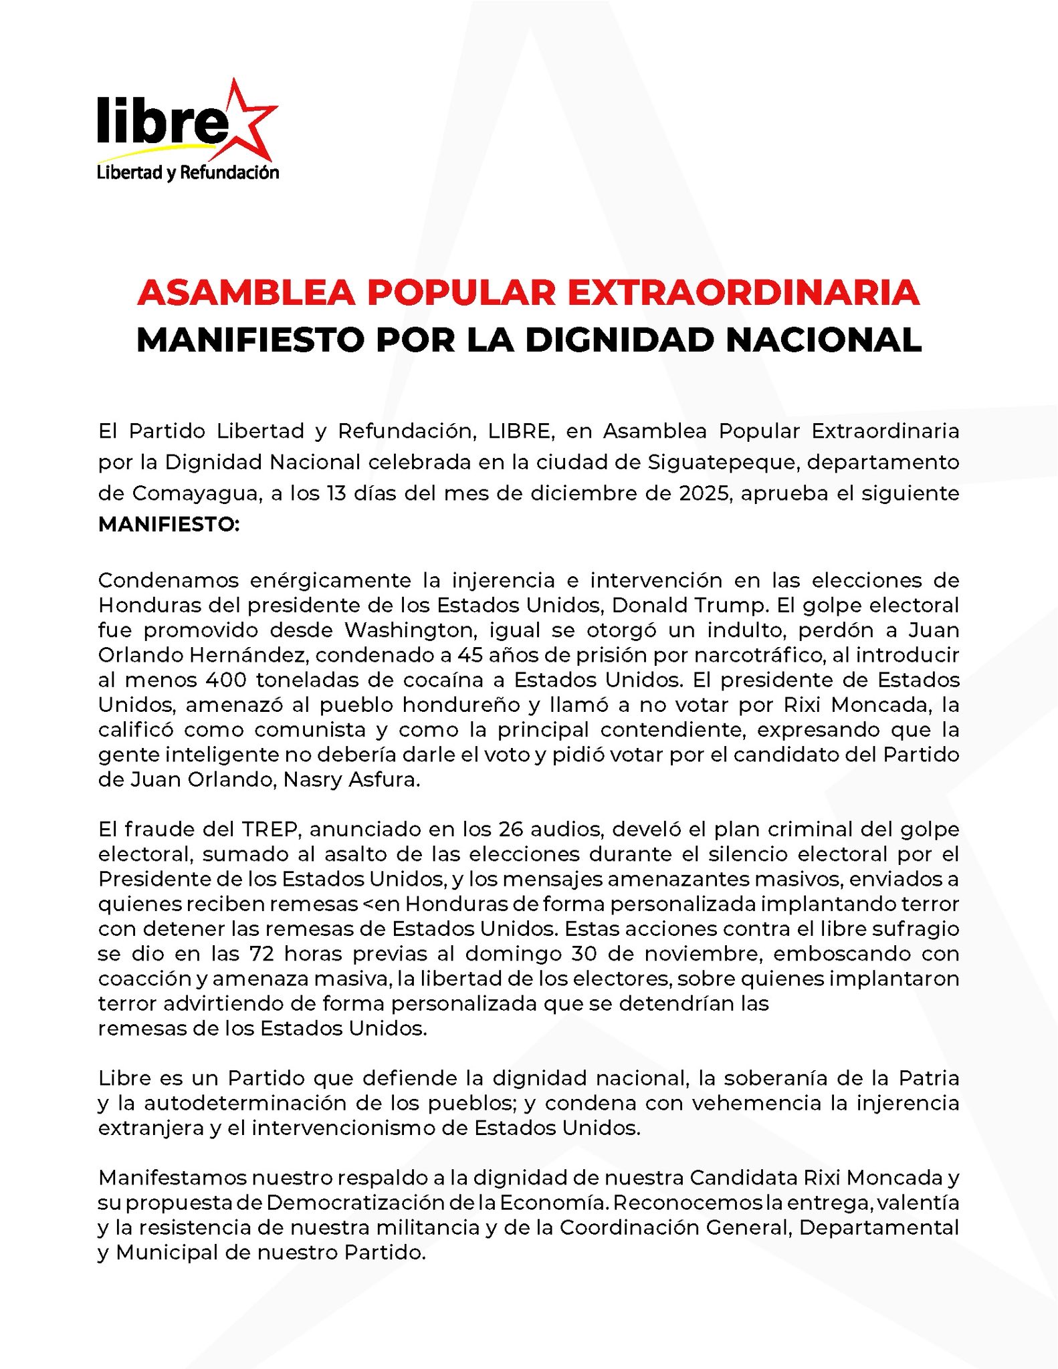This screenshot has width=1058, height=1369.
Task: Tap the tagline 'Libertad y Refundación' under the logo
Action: click(188, 172)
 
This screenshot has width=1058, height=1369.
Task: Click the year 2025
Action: click(704, 493)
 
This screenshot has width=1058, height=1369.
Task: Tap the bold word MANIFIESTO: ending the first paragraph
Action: click(169, 525)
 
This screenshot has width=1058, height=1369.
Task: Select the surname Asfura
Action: click(384, 780)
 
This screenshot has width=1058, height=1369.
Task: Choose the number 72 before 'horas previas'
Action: click(262, 954)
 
